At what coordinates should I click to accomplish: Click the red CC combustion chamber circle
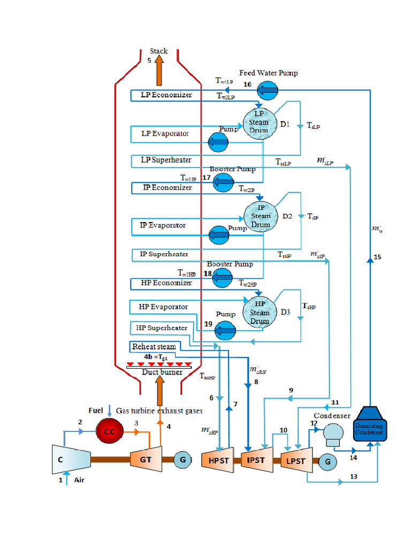pos(110,432)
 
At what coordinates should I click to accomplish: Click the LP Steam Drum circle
pos(259,123)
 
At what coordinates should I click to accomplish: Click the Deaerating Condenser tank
pos(370,425)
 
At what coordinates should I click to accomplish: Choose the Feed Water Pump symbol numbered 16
pos(268,90)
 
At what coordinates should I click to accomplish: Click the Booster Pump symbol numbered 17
pos(222,182)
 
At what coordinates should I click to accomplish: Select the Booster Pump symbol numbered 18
pos(223,276)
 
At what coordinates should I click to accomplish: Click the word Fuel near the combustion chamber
pos(96,410)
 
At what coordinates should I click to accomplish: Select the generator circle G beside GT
pos(182,459)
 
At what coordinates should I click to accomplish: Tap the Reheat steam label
pos(154,346)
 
